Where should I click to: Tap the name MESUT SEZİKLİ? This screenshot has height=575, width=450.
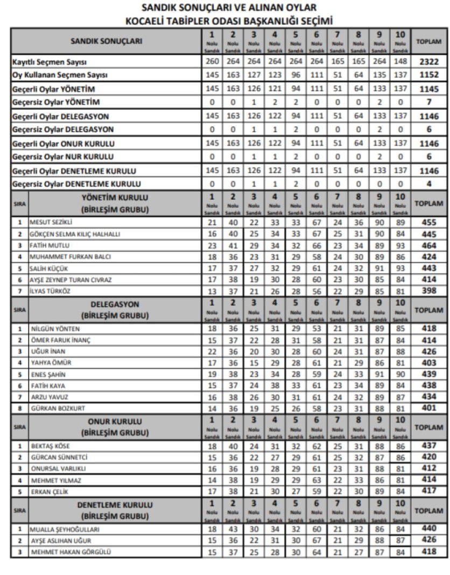coord(51,222)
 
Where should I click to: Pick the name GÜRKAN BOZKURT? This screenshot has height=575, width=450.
coord(55,409)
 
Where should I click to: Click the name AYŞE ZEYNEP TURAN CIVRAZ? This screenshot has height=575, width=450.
coord(69,280)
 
